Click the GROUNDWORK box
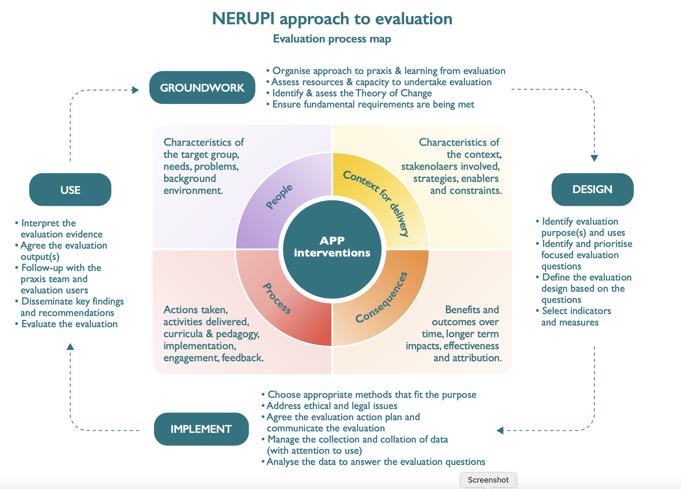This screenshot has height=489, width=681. [x=202, y=87]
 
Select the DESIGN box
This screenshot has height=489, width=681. [x=592, y=189]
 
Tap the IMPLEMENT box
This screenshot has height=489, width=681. [x=201, y=429]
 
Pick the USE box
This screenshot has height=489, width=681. [x=70, y=190]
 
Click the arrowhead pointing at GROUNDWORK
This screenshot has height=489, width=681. [x=136, y=90]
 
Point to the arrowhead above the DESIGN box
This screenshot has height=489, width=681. [x=594, y=158]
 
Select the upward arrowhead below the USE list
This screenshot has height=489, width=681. [x=70, y=347]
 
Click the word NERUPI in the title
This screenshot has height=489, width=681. [x=243, y=19]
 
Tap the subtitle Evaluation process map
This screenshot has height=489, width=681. [x=332, y=39]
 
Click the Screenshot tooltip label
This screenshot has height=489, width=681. [x=488, y=480]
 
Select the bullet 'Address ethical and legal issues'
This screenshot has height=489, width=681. [x=332, y=406]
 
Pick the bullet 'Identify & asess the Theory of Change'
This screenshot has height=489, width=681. [x=352, y=93]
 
